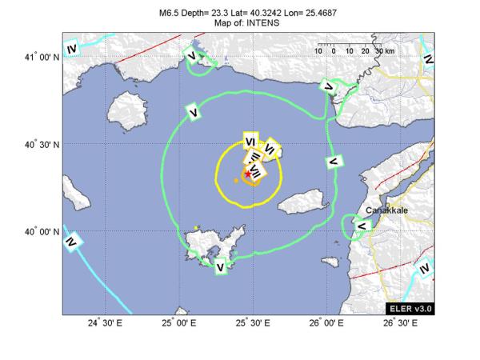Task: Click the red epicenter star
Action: (x=247, y=174)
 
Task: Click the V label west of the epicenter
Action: (x=194, y=113)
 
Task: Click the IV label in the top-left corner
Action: (x=72, y=50)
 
